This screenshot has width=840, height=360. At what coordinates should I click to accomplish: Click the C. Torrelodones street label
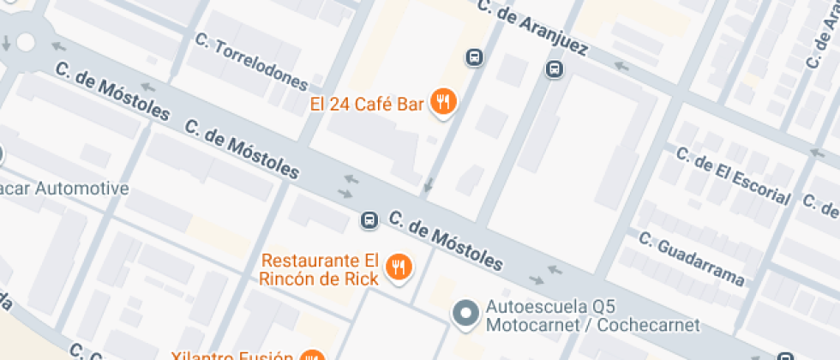tap(251, 62)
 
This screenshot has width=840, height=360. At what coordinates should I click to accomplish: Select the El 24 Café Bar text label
tap(367, 105)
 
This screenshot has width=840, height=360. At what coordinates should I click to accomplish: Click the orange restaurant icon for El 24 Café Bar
tap(443, 103)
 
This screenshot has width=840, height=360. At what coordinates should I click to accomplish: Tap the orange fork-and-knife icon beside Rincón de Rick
tap(399, 267)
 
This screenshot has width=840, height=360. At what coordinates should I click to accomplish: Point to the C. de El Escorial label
tap(733, 176)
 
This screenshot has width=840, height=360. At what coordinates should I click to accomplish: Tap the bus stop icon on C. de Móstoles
tap(369, 220)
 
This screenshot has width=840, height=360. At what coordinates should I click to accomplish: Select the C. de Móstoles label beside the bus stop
tap(446, 239)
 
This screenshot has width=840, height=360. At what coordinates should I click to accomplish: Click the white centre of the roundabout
tap(25, 41)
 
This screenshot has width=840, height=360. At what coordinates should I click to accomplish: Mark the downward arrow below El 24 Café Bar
tap(428, 184)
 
